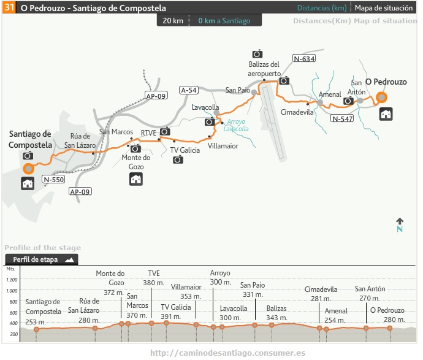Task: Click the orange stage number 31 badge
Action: click(x=10, y=9)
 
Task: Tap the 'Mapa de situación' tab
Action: click(x=384, y=9)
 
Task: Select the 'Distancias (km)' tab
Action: click(x=321, y=9)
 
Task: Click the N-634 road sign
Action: click(x=304, y=59)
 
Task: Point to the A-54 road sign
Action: click(x=189, y=90)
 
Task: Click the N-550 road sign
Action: click(x=54, y=180)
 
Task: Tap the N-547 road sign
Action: click(x=342, y=118)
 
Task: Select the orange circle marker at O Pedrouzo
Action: click(x=382, y=97)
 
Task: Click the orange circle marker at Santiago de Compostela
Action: click(x=28, y=168)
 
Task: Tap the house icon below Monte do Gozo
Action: click(x=135, y=179)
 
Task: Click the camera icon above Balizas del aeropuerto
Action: click(x=257, y=54)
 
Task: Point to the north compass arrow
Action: click(x=400, y=224)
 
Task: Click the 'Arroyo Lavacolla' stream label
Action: click(x=235, y=125)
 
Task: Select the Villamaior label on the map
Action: click(x=223, y=146)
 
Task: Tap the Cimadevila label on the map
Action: click(x=297, y=112)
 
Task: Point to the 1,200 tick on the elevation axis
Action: click(x=12, y=279)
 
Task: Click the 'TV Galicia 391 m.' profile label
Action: click(x=176, y=312)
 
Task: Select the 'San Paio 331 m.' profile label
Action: click(x=253, y=289)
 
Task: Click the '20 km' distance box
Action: click(x=173, y=21)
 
